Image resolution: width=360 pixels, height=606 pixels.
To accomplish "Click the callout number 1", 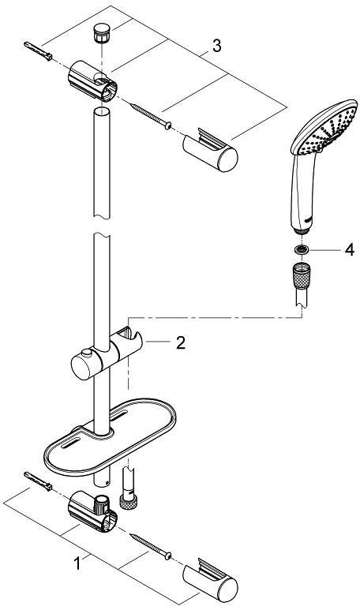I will coord(77,563).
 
